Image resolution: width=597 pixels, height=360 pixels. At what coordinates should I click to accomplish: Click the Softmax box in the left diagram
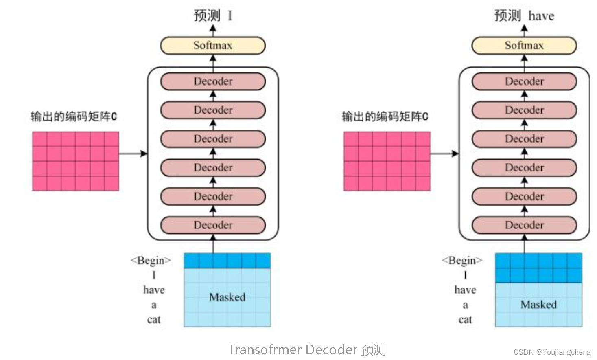(212, 45)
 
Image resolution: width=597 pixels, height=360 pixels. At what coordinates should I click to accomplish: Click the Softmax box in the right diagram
(524, 45)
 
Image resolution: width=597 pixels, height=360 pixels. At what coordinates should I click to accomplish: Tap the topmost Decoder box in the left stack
(212, 81)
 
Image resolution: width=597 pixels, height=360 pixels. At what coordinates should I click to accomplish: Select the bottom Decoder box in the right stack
(524, 225)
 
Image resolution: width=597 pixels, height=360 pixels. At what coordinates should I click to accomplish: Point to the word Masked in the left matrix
(227, 297)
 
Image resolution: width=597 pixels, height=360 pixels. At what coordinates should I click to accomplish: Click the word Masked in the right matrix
(538, 305)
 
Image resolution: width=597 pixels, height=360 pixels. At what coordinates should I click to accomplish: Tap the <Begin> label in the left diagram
(151, 260)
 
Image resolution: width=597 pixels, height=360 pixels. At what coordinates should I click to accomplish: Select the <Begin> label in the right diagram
(462, 260)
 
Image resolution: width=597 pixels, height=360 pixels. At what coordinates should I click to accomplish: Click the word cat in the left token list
(153, 320)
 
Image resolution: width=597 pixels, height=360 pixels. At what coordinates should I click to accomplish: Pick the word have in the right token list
(465, 290)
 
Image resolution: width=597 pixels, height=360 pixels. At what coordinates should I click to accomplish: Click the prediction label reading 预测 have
(524, 15)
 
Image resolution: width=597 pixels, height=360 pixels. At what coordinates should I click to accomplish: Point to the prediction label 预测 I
(212, 15)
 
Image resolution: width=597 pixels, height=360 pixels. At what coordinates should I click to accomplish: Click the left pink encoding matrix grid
(76, 161)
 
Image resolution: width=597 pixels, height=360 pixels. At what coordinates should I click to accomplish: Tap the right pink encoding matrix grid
(387, 161)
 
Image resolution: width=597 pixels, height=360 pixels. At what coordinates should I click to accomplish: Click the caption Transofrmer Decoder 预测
(307, 350)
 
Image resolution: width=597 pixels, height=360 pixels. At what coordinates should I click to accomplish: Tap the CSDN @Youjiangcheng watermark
(552, 352)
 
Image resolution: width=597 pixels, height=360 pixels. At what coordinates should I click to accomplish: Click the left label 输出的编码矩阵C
(74, 117)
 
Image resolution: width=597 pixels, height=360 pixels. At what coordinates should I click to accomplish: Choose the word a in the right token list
(465, 305)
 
